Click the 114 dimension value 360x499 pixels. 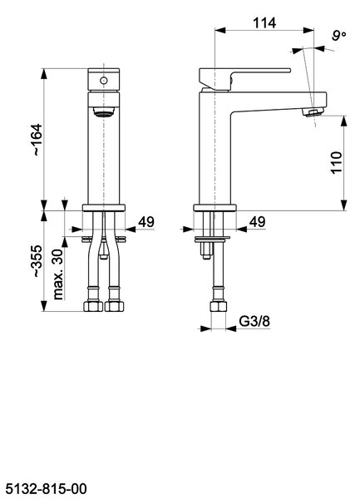264,22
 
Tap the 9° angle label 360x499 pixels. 339,35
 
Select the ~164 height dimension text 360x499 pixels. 37,140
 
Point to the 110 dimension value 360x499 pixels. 336,162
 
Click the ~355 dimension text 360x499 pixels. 37,261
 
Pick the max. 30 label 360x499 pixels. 58,274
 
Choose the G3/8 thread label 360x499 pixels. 254,321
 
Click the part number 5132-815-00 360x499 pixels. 46,488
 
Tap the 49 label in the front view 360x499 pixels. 146,222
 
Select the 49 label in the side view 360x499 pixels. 257,222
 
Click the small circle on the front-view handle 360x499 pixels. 103,81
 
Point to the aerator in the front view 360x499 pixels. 103,112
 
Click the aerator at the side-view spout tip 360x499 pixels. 313,112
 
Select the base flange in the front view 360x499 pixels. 104,208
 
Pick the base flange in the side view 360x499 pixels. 215,208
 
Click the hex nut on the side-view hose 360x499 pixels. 219,307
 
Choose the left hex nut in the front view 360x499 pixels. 93,306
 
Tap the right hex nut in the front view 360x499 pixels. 114,306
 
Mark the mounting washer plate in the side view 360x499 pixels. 212,239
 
